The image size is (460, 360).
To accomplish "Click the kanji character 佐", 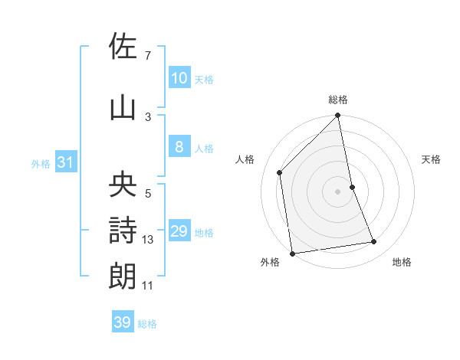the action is (x=123, y=47).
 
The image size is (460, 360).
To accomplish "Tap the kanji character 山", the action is (x=123, y=108).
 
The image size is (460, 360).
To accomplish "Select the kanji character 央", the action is (x=123, y=185).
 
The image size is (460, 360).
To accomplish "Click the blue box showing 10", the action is (x=179, y=78).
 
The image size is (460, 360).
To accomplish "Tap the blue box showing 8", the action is (x=179, y=147).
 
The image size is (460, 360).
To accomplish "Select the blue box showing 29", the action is (x=179, y=232).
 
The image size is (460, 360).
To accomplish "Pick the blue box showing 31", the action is (x=65, y=162).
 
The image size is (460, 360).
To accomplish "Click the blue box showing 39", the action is (x=123, y=323).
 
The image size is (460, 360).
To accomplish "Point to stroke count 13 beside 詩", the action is (x=148, y=240).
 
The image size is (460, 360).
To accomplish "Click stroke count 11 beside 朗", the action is (x=148, y=286).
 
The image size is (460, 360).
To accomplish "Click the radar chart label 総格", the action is (x=338, y=100).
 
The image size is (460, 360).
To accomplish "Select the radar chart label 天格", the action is (x=431, y=159).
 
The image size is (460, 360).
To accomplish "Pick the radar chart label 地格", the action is (x=402, y=262).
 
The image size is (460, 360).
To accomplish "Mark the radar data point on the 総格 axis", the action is (x=338, y=116).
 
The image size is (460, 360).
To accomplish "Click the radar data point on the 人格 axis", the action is (x=280, y=172).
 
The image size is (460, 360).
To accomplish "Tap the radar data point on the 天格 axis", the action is (x=352, y=187).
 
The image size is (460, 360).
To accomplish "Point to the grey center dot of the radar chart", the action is (x=338, y=191).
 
